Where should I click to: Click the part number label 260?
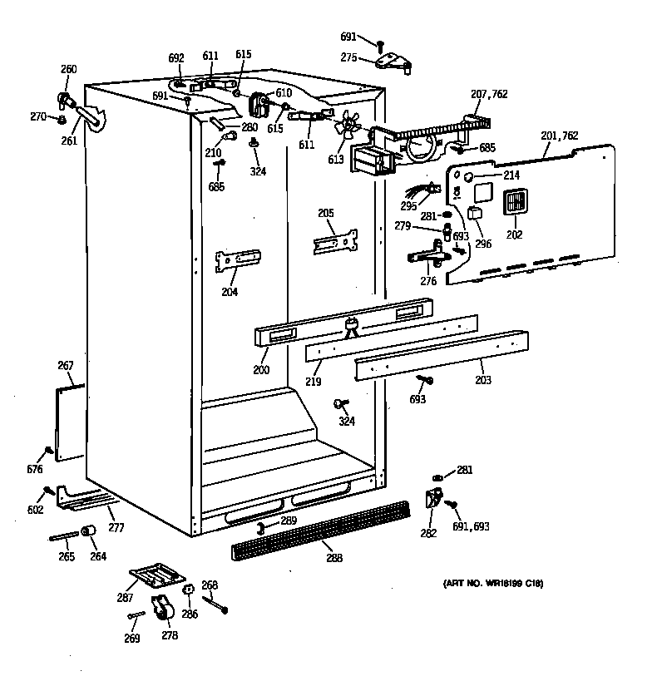[69, 69]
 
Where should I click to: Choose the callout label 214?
[511, 175]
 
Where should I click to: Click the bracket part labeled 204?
[237, 260]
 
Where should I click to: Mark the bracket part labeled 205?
[335, 242]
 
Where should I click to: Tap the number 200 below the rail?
[261, 369]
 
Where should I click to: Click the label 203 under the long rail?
[482, 380]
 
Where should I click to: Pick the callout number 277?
[116, 527]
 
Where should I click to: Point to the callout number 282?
[428, 533]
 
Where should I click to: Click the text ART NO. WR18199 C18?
[492, 585]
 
